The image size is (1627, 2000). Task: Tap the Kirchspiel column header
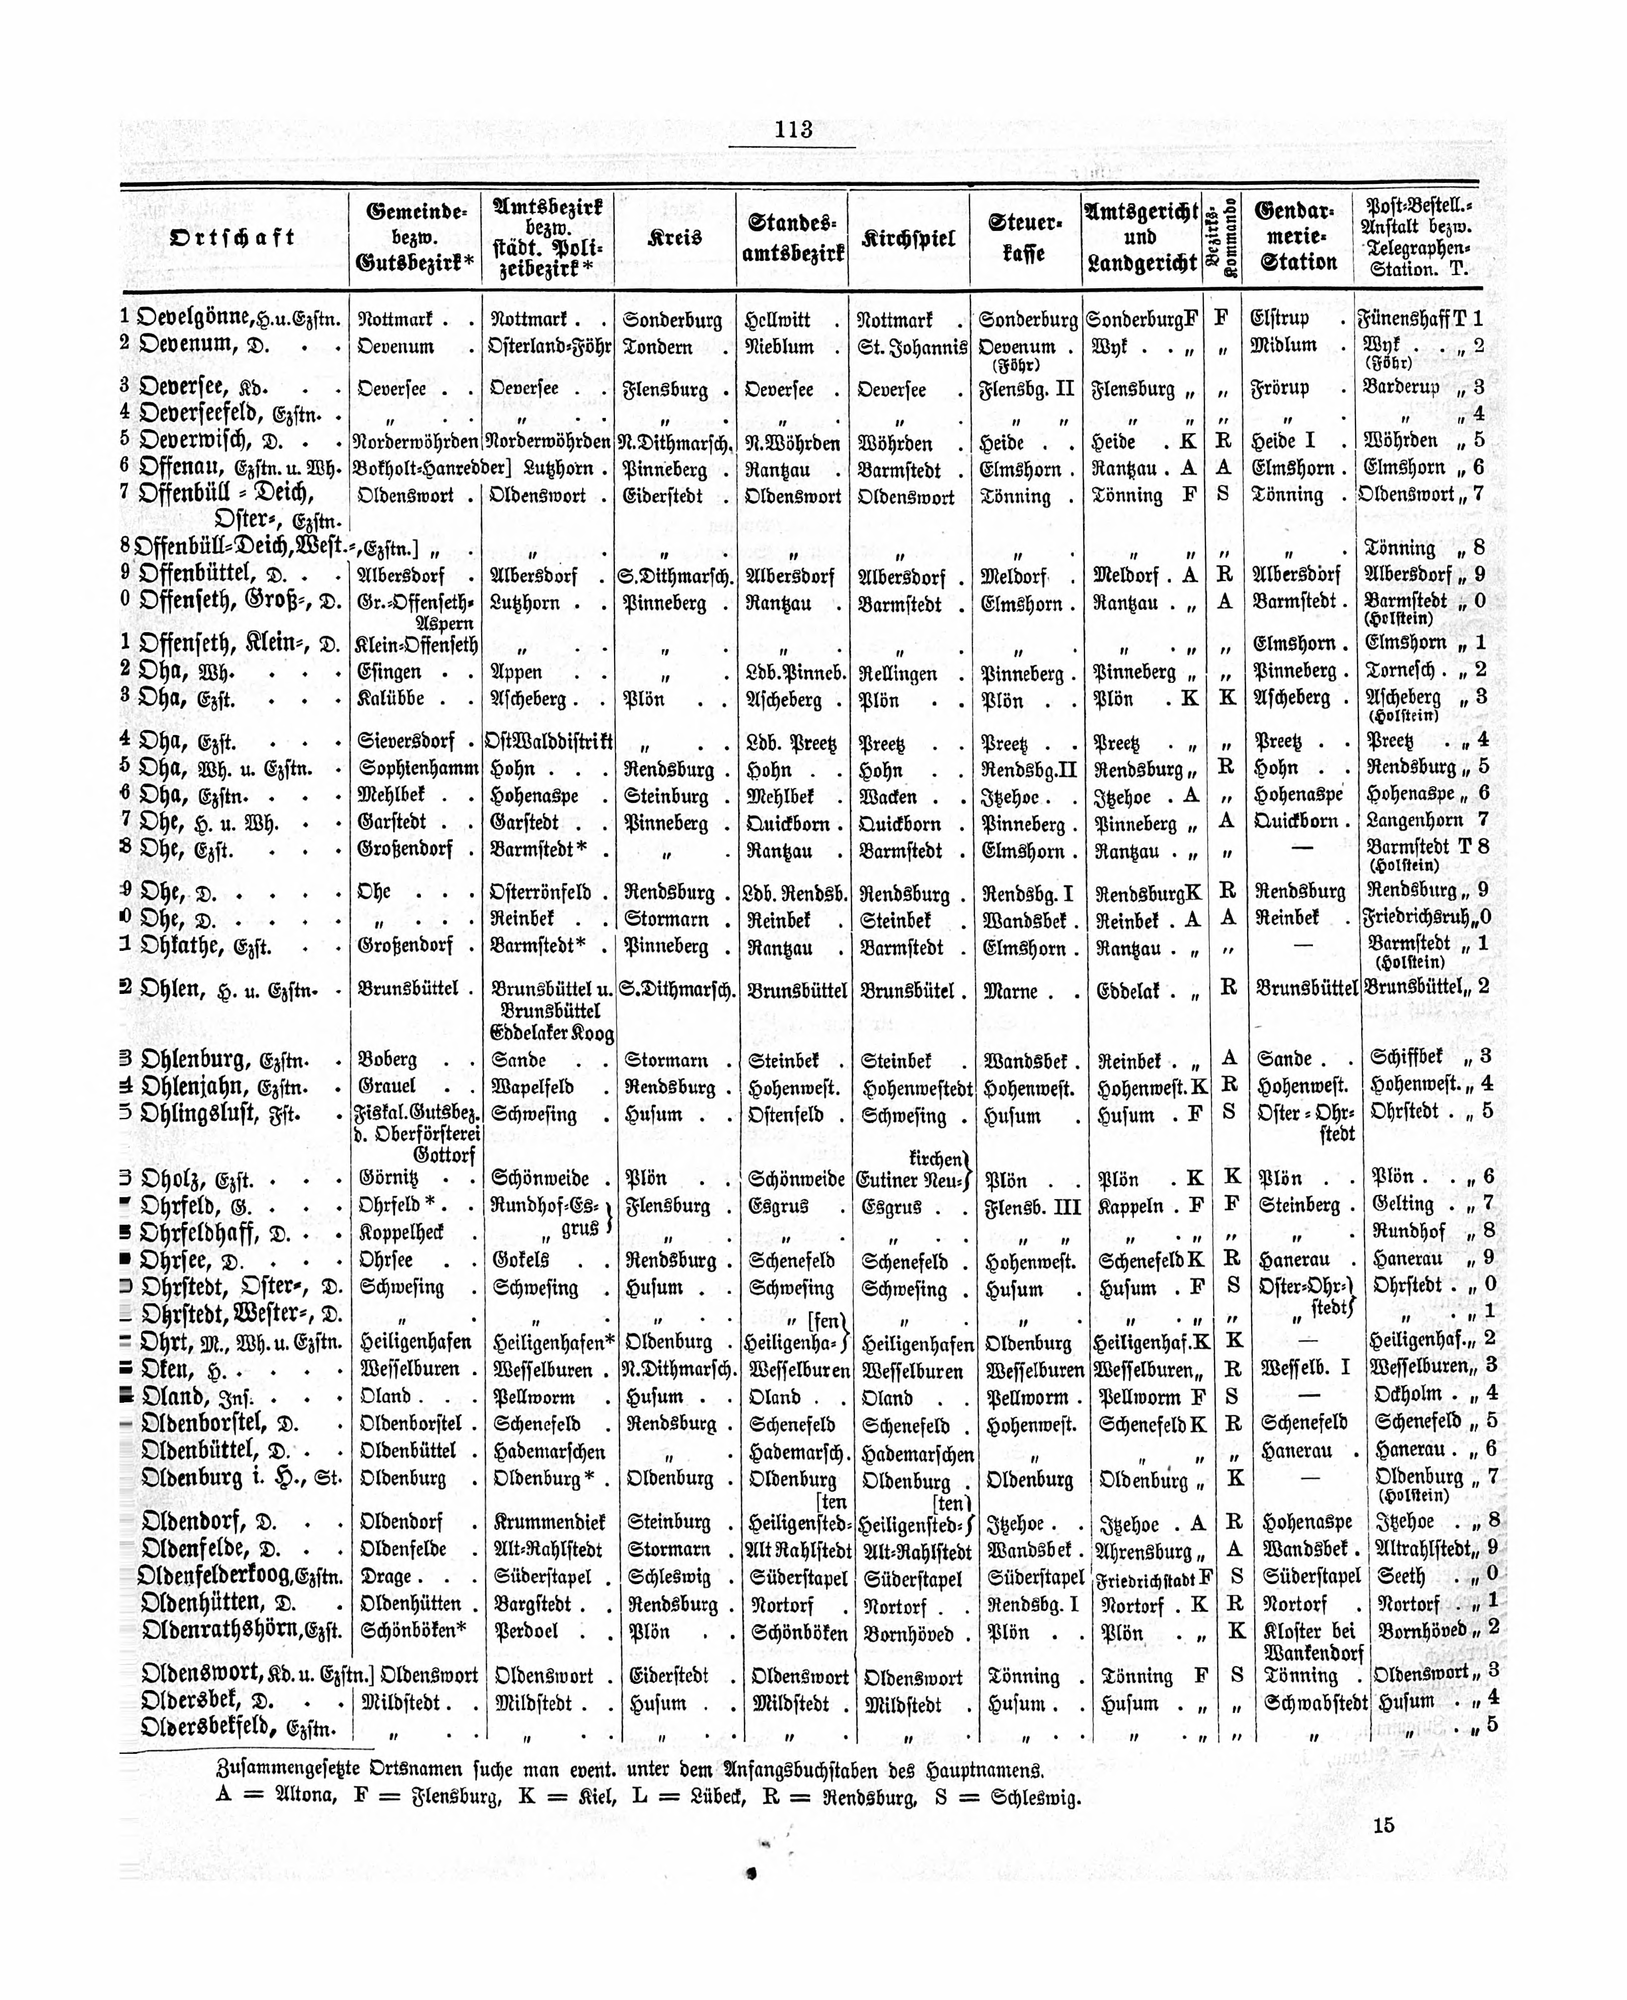908,238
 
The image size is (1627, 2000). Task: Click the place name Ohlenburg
195,1060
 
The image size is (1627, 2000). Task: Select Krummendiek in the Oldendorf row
548,1522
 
